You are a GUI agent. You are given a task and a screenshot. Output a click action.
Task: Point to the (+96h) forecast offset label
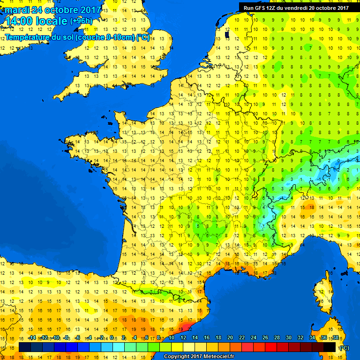tap(81, 21)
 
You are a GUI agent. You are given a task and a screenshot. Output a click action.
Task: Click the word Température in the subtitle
tap(28, 37)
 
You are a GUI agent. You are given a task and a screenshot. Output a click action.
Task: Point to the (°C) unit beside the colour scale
tap(344, 348)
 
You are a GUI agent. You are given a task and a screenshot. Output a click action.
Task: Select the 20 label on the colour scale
tap(230, 338)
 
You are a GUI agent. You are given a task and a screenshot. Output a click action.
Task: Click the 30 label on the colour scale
tap(288, 338)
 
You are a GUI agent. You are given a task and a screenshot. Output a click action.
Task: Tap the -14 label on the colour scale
tap(32, 338)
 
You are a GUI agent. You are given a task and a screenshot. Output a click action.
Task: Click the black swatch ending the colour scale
tap(330, 347)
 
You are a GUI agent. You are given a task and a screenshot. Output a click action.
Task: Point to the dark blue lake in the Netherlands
tap(227, 34)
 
